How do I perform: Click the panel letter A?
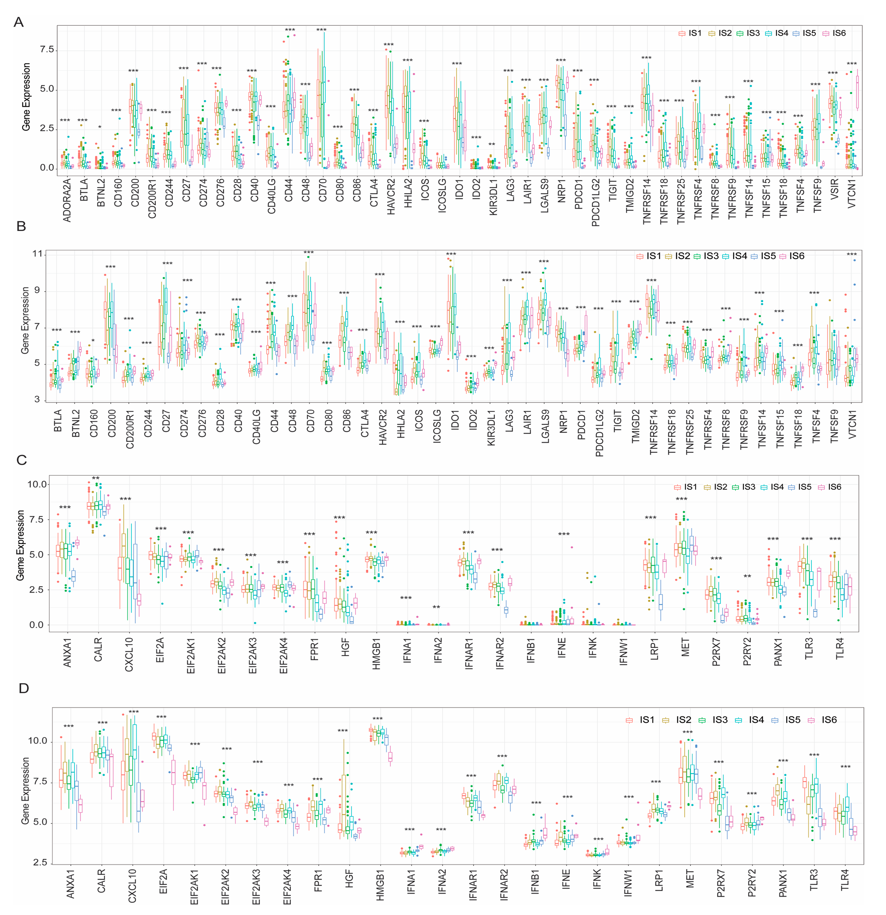tap(19, 22)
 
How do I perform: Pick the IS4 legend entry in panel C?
tap(773, 487)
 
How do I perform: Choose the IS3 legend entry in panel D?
tap(715, 720)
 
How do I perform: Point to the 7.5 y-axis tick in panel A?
tap(47, 50)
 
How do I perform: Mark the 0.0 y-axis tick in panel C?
tap(37, 625)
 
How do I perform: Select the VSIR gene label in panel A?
tap(834, 189)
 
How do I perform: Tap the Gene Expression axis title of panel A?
tap(27, 97)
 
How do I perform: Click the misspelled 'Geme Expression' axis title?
tap(20, 545)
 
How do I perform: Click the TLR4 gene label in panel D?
tap(844, 880)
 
